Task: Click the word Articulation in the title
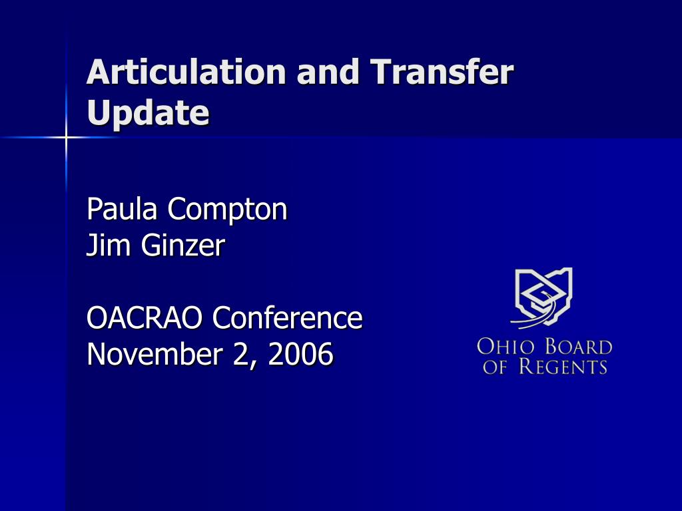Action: coord(186,72)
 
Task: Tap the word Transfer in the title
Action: coord(442,71)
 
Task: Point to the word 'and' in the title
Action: coord(328,72)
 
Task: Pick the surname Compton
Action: coord(228,210)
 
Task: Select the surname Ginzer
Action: coord(183,245)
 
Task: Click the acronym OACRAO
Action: coord(145,317)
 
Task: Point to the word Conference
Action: coord(288,317)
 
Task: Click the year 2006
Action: coord(301,354)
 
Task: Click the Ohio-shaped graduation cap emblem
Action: coord(542,298)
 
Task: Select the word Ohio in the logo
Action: coord(506,347)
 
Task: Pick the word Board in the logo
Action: coord(579,347)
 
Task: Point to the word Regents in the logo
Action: coord(563,366)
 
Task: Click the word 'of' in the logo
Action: coord(495,367)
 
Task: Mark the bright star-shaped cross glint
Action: coord(66,137)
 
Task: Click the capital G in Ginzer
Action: coord(151,245)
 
